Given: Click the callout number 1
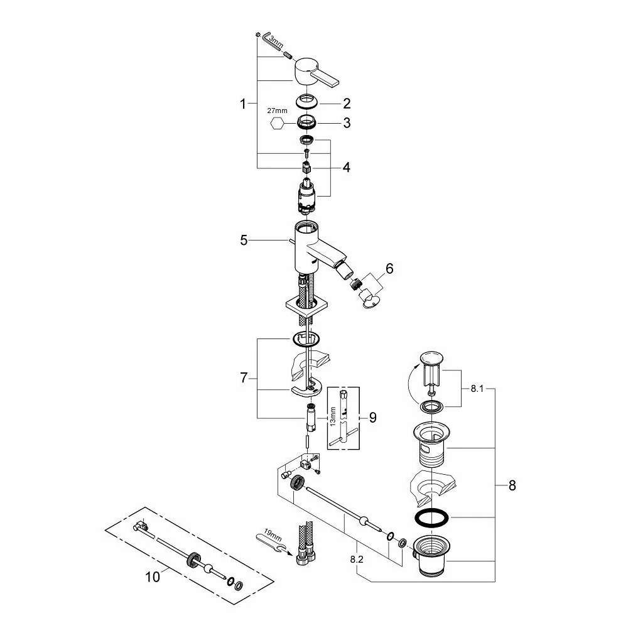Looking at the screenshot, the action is point(242,104).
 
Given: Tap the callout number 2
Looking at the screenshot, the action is point(347,104).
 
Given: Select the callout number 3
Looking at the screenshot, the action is point(347,123).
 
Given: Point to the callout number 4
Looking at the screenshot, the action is point(347,167).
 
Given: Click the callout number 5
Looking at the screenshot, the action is point(244,241).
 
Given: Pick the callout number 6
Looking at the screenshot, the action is point(389,268).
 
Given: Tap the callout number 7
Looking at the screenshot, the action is point(244,377).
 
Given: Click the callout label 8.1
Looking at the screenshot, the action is point(477,389).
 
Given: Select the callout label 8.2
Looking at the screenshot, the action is point(357,560).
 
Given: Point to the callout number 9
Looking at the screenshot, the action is point(373,418).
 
